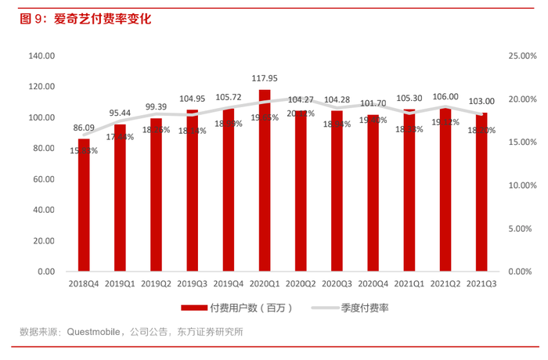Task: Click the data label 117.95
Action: pyautogui.click(x=265, y=78)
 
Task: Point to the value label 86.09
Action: pyautogui.click(x=84, y=128)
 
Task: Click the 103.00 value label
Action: pyautogui.click(x=481, y=101)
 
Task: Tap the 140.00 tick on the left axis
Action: pyautogui.click(x=41, y=56)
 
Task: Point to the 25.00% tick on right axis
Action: pyautogui.click(x=522, y=56)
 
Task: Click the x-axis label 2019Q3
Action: pyautogui.click(x=193, y=284)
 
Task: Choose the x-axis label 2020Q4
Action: pyautogui.click(x=373, y=284)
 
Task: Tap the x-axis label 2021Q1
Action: pyautogui.click(x=409, y=284)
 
